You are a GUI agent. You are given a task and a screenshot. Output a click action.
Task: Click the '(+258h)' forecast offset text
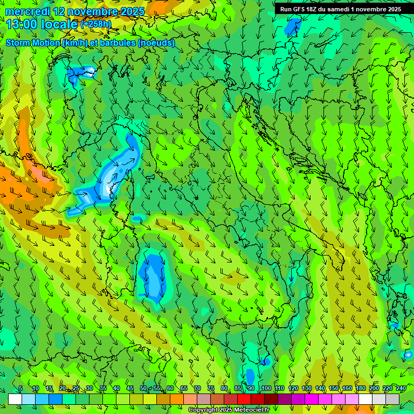[96, 24]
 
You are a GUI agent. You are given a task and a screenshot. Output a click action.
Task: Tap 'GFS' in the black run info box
[302, 9]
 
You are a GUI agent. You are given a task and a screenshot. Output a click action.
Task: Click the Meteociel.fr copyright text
[229, 410]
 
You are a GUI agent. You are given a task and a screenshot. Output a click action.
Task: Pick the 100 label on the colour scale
[266, 389]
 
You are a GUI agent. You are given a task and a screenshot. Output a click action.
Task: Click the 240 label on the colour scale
[401, 389]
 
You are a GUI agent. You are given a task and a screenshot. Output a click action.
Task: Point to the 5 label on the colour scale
[20, 389]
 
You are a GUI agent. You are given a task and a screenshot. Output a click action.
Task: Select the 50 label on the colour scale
[143, 389]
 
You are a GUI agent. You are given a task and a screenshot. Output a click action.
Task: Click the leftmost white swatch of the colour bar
[15, 399]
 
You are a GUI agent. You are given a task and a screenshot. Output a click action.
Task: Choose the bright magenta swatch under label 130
[311, 399]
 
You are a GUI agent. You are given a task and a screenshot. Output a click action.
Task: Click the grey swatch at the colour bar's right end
[392, 399]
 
